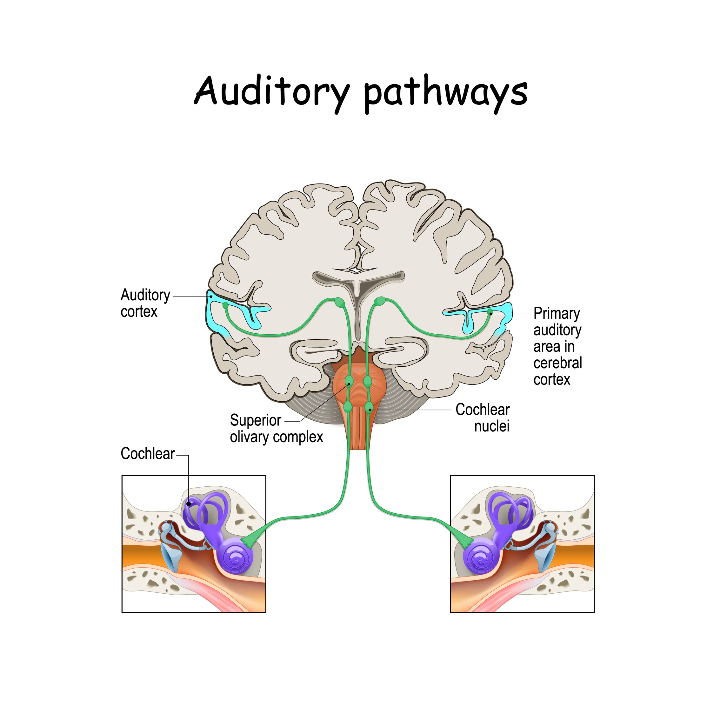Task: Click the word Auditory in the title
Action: [x=272, y=91]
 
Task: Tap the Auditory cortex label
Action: [x=145, y=303]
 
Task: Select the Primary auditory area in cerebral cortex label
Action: [x=557, y=346]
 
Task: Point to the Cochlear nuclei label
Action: [x=483, y=418]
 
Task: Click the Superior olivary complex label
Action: [x=276, y=429]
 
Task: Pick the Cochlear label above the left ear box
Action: [x=148, y=454]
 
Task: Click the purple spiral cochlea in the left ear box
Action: [x=236, y=557]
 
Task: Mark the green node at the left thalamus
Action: [x=339, y=302]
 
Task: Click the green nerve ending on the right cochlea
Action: [x=466, y=542]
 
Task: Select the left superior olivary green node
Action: [x=349, y=381]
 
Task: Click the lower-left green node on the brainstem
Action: [x=348, y=407]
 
